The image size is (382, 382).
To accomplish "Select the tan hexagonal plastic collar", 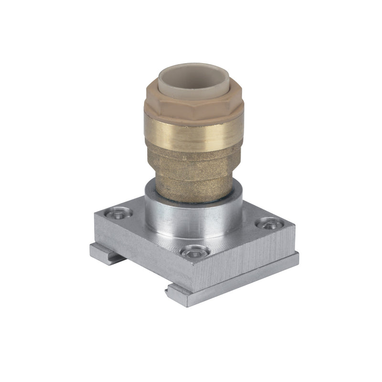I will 191,107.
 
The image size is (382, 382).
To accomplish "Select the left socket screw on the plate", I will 118,213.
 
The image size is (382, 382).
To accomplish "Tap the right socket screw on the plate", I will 268,223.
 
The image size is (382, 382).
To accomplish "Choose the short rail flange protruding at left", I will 103,253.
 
